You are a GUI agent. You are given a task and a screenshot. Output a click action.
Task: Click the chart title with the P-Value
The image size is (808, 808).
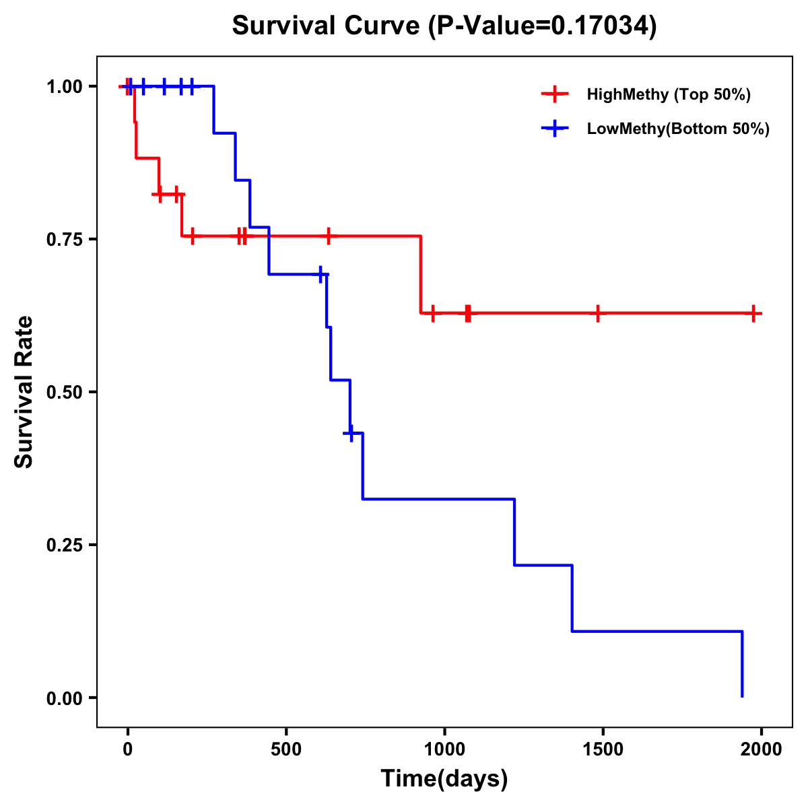point(444,26)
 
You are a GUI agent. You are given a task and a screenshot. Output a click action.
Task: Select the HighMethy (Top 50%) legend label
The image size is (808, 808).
point(669,94)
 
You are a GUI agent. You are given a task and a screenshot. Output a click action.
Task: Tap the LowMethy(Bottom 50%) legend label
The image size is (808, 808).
point(678,129)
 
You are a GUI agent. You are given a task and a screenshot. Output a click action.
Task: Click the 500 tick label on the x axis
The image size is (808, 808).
point(286,749)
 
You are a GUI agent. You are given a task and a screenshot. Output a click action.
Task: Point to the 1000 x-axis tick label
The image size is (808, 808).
point(444,749)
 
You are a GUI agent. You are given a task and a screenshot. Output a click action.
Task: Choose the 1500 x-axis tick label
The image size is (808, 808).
point(603,749)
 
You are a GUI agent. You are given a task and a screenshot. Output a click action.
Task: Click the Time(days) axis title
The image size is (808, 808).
point(444,779)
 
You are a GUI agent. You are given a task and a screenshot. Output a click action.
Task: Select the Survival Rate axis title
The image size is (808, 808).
point(24,392)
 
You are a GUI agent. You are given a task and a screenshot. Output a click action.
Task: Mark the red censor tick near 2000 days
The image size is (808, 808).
point(754,313)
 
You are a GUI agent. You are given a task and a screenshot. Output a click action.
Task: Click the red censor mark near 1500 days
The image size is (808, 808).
point(598,313)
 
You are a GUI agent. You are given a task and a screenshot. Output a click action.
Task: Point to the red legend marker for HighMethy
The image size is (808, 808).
point(555,94)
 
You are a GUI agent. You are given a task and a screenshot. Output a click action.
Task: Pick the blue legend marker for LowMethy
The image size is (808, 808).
point(555,129)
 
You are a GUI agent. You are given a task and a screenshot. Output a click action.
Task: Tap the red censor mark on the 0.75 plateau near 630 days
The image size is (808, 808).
point(328,236)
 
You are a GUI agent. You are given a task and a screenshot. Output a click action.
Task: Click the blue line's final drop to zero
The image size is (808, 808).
point(742,667)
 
